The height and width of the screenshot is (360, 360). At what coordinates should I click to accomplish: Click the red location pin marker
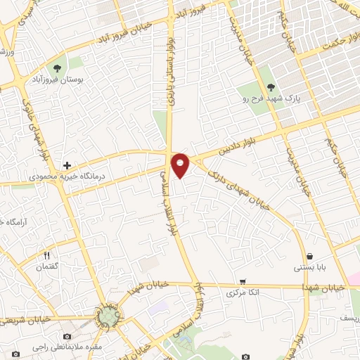(181, 164)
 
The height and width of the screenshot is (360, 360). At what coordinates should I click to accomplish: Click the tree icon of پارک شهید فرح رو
(271, 87)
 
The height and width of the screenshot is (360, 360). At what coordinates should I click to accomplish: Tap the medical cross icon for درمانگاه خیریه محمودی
(67, 166)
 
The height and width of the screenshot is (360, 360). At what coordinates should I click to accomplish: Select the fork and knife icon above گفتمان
(47, 256)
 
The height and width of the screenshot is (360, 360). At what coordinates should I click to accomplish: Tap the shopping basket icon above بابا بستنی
(309, 256)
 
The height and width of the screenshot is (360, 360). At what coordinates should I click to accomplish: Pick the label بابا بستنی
(309, 269)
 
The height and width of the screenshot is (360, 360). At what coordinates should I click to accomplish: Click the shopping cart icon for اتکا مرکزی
(243, 279)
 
